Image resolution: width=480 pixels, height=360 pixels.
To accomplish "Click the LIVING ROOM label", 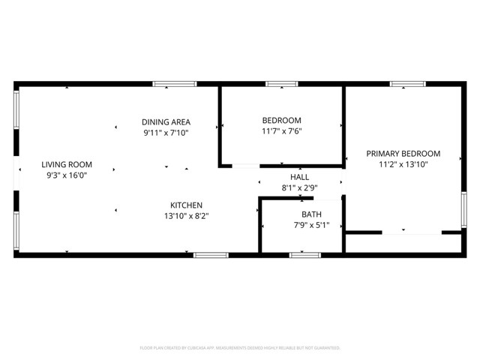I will [x=66, y=164].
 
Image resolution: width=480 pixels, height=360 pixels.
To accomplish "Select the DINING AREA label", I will [x=166, y=121].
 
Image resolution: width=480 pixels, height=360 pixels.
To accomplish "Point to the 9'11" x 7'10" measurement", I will [x=166, y=133].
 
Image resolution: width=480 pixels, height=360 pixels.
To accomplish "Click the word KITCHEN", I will [x=186, y=205].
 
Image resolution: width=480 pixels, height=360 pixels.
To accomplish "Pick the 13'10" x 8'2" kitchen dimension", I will [x=186, y=216].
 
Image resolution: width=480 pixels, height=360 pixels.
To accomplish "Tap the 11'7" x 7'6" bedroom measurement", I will [x=281, y=131].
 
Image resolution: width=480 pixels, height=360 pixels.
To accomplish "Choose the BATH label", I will [x=301, y=214].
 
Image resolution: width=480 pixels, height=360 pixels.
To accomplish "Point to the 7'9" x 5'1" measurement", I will [x=301, y=225].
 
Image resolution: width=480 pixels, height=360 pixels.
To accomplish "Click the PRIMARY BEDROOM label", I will [x=403, y=153].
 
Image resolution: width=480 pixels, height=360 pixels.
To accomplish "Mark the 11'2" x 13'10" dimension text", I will [x=403, y=164].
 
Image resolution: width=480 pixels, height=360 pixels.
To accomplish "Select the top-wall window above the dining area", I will [x=174, y=84].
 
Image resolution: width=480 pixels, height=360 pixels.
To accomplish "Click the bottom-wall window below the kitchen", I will [x=211, y=255].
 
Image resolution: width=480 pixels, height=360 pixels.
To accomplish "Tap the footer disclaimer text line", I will [x=240, y=348].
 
